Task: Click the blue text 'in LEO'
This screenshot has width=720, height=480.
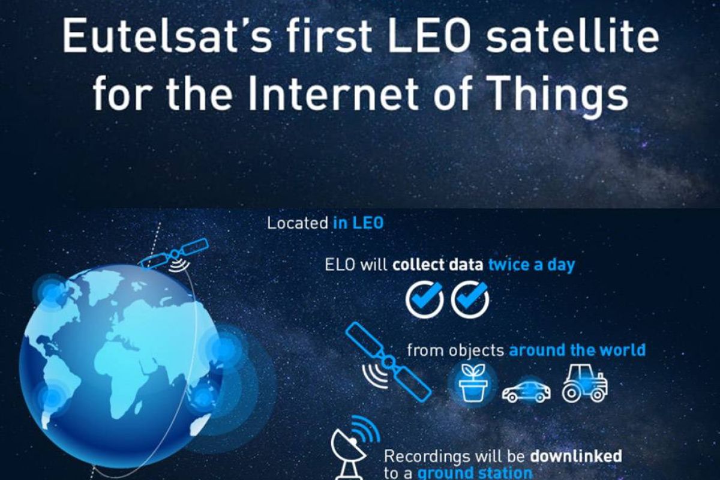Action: click(x=358, y=223)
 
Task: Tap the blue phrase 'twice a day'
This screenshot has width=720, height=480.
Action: click(x=532, y=265)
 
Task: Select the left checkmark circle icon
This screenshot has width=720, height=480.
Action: click(x=424, y=299)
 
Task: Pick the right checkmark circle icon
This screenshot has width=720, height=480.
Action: click(x=470, y=299)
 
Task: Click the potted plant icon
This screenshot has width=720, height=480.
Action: click(x=473, y=383)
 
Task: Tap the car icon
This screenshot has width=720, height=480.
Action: click(x=526, y=392)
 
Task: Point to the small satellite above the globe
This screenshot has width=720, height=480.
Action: click(x=175, y=254)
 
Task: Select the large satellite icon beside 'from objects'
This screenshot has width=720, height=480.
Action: click(x=388, y=361)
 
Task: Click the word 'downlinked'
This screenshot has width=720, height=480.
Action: click(x=575, y=456)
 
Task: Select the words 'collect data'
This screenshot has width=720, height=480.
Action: click(x=438, y=265)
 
